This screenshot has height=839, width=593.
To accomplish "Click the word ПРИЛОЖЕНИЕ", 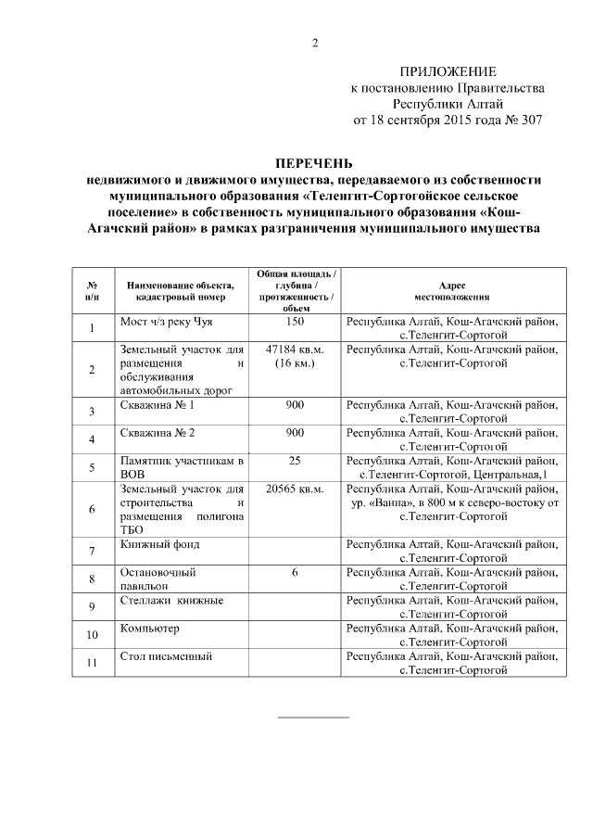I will click(x=448, y=71).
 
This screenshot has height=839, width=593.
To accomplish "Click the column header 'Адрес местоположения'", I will click(x=451, y=291).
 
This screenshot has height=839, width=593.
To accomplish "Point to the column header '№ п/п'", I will click(x=92, y=291).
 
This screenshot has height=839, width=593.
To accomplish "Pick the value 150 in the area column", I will click(x=295, y=322).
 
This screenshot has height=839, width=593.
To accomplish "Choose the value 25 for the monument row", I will click(x=295, y=461).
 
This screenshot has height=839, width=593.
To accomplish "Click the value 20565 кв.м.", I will click(x=295, y=489).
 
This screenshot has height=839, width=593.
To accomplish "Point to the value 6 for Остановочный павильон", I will click(x=295, y=573).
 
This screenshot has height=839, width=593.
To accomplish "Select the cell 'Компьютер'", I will click(x=149, y=629).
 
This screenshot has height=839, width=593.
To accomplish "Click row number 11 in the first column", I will click(x=92, y=663).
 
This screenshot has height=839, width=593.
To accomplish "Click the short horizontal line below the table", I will click(x=314, y=718).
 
